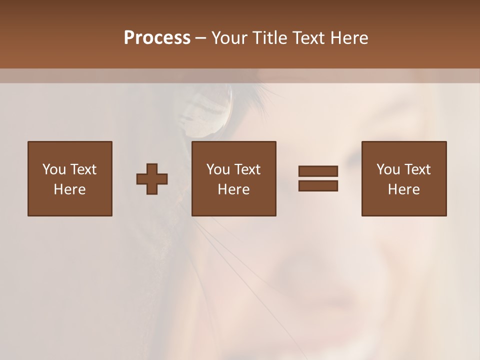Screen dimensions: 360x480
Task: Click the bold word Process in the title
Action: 157,38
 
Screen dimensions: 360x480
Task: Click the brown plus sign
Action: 152,179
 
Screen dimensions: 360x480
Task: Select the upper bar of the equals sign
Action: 318,171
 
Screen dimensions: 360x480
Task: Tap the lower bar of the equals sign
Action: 318,185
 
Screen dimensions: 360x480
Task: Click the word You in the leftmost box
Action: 54,169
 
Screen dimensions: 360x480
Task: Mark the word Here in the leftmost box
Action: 69,189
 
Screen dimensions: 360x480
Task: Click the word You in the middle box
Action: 218,169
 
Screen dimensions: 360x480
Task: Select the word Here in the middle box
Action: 233,189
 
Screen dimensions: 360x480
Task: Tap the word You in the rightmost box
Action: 388,169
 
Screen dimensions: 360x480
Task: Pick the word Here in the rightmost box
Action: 403,189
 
